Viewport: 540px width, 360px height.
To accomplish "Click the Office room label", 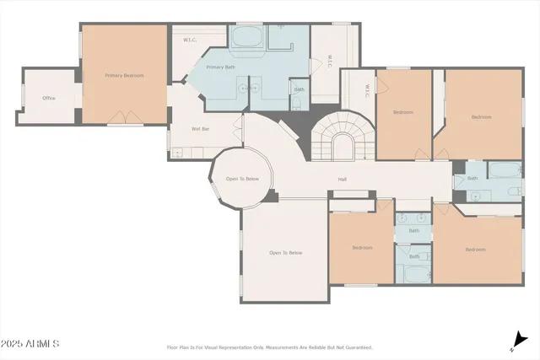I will [x=49, y=99].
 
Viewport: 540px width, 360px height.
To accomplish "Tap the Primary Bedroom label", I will [x=124, y=76].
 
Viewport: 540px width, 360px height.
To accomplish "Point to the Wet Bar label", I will [x=177, y=129].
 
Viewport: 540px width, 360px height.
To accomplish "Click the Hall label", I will [x=343, y=179].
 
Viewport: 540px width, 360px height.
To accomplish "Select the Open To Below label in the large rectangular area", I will [x=285, y=253].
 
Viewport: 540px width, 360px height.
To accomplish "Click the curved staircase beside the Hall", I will [x=342, y=139].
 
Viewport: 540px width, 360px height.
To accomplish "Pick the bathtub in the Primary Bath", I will [x=246, y=37].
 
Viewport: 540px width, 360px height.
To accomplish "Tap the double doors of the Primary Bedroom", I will [x=125, y=117].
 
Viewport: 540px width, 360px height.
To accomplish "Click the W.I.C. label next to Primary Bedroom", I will [x=190, y=40].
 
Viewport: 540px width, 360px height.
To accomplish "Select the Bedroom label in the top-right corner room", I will [x=481, y=116].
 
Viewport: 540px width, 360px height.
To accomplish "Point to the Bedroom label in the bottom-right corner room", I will [x=476, y=249].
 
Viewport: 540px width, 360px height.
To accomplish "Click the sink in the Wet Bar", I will [x=177, y=153].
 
